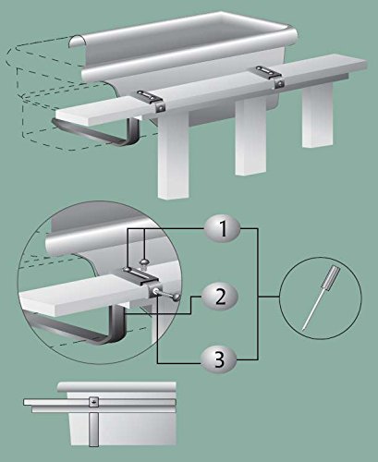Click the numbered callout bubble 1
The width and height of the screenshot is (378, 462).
tap(223, 229)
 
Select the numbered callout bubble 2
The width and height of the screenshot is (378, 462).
tap(221, 297)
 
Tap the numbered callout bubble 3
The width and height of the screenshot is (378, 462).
tap(219, 359)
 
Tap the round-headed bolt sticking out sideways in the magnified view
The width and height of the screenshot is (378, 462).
tap(168, 294)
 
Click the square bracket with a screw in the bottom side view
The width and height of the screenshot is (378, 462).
tap(94, 401)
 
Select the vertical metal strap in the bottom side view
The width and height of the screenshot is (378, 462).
tap(93, 426)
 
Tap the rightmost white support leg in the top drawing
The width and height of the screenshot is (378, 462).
tap(318, 115)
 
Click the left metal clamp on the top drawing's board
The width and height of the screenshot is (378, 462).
tap(151, 100)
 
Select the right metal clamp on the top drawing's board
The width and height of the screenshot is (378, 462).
tap(269, 76)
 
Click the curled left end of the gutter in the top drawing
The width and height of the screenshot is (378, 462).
tap(77, 42)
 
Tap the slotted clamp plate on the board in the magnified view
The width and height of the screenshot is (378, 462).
tap(140, 274)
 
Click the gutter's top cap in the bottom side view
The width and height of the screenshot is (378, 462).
tap(116, 387)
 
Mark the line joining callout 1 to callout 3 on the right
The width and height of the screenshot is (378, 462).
tap(258, 294)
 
